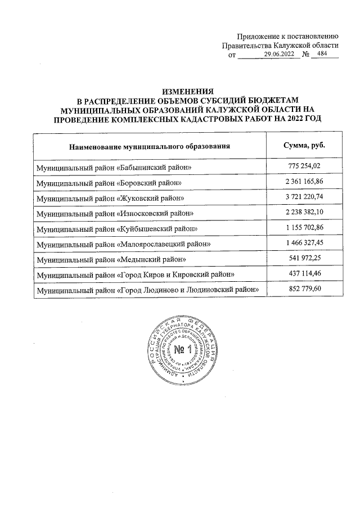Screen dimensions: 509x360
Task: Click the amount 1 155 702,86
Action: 304,227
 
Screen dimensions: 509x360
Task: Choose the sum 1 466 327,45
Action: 304,242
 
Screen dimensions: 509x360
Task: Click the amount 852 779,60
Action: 304,289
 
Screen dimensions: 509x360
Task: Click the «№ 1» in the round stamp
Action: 181,352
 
